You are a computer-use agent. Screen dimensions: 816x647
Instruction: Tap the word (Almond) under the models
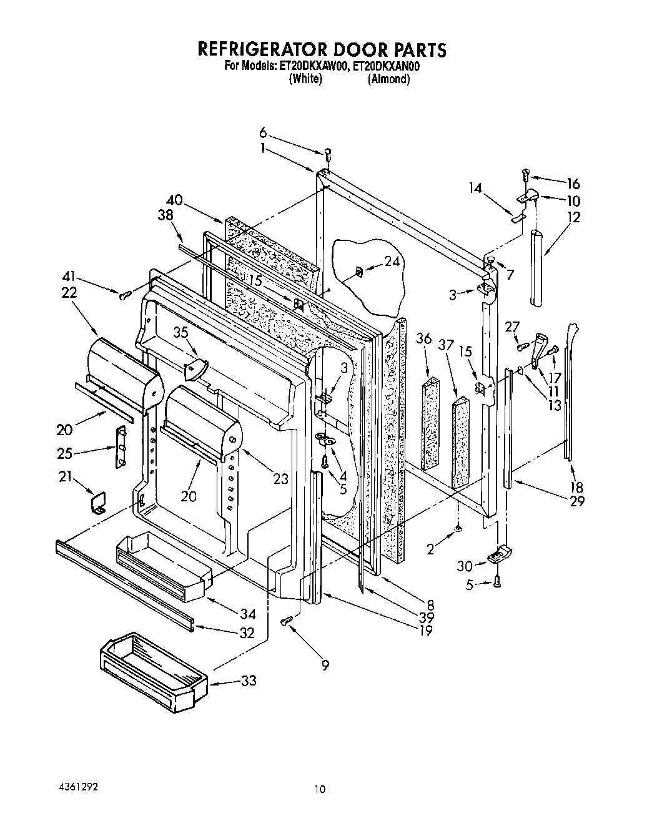(388, 79)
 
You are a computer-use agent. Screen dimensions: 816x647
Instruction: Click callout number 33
(249, 681)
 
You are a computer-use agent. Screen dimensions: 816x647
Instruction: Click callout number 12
(573, 217)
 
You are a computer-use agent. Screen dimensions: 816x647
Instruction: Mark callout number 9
(325, 665)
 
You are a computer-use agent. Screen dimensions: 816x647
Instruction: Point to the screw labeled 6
(328, 154)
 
